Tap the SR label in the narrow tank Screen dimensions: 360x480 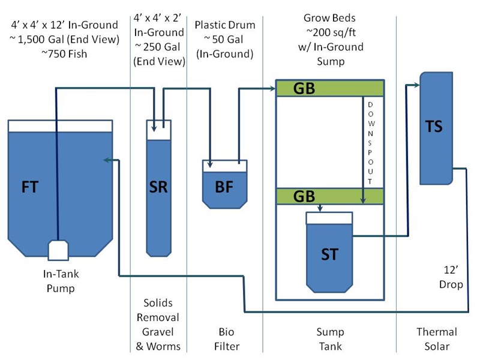(158, 187)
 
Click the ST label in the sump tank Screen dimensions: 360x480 (329, 253)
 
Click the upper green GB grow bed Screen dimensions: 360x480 (329, 88)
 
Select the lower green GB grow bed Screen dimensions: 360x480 (329, 196)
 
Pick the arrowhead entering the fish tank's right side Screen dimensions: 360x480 (107, 160)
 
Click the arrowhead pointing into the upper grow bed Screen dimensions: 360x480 (272, 89)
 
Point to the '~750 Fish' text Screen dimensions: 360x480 (64, 53)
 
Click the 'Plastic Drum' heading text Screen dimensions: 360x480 (225, 25)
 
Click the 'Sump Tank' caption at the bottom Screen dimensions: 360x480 (329, 339)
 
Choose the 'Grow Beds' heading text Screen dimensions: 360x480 (329, 19)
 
